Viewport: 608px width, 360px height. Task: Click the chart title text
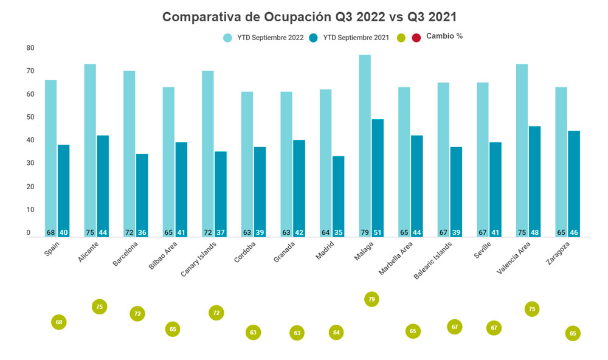309,17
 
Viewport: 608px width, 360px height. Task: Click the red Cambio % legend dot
416,38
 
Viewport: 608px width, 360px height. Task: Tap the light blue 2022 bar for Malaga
365,140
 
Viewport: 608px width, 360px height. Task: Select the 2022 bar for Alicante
90,146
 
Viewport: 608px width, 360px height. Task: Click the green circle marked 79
372,299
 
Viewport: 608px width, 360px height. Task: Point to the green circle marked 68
58,322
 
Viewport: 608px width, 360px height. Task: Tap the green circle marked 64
336,333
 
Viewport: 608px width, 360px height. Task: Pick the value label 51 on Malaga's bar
378,232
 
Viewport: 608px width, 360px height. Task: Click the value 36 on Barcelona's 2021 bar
142,232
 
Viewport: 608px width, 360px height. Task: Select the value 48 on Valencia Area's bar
534,232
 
